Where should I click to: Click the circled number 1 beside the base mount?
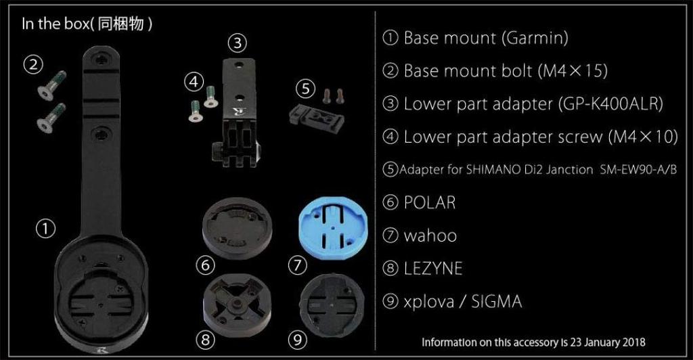coord(45,229)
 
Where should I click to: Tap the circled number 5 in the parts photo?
coord(306,88)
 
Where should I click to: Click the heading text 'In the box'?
coord(51,24)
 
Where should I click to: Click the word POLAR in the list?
coord(430,202)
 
